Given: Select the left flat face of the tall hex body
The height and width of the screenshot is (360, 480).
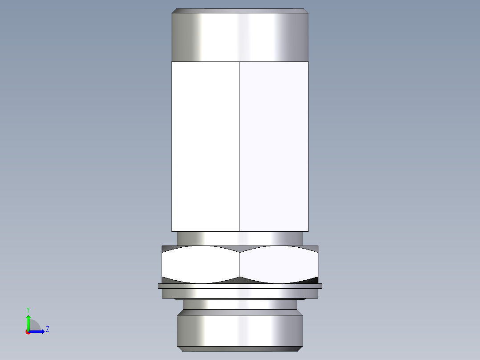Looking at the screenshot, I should point(205,146).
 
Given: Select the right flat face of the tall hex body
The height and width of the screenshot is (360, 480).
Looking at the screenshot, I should point(274,146).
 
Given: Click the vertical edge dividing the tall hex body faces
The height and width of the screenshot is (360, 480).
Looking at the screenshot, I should point(240,146).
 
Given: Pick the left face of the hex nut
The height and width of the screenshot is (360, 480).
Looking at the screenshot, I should point(200,265).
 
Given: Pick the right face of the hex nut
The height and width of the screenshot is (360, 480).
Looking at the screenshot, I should point(279,265).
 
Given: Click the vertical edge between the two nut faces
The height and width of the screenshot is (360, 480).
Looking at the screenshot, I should point(240,265).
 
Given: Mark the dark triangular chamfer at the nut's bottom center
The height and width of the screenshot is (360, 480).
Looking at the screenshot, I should point(240,280).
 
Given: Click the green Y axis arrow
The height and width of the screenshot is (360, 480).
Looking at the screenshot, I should point(28,321).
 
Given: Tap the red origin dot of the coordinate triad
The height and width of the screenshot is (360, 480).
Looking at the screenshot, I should point(28,332).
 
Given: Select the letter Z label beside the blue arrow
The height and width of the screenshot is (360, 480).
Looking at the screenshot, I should point(47,329).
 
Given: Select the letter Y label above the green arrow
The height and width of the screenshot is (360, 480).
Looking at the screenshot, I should point(28,309).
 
